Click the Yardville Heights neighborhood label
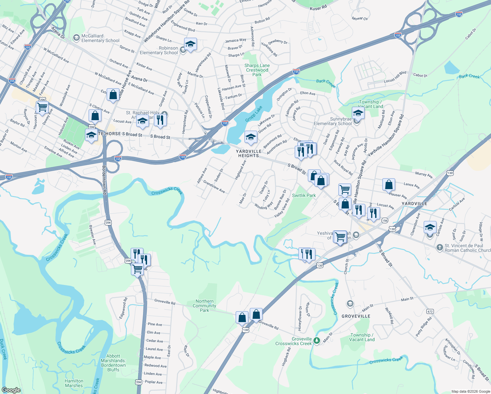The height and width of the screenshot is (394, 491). click(249, 154)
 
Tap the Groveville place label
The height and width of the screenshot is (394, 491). click(356, 316)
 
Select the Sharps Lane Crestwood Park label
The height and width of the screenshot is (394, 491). click(257, 70)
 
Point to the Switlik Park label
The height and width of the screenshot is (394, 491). click(304, 195)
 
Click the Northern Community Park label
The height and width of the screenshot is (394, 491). click(204, 306)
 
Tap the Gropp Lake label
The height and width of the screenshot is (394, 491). click(254, 114)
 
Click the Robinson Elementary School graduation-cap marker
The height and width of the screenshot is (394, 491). click(190, 44)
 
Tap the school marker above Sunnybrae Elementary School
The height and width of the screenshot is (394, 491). click(358, 113)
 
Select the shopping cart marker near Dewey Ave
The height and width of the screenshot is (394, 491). click(42, 107)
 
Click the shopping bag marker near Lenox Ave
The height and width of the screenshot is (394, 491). click(389, 185)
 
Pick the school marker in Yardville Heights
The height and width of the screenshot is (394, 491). click(251, 137)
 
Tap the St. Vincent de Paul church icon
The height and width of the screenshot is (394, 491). click(440, 248)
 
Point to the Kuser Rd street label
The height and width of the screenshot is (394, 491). click(318, 8)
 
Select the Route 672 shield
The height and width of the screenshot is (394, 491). click(430, 311)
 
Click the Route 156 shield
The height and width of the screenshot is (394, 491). click(385, 221)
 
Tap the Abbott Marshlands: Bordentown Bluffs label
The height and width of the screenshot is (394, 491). click(113, 363)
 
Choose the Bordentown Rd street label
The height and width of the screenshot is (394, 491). click(104, 180)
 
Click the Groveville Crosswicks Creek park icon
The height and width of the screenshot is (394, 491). click(316, 341)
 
